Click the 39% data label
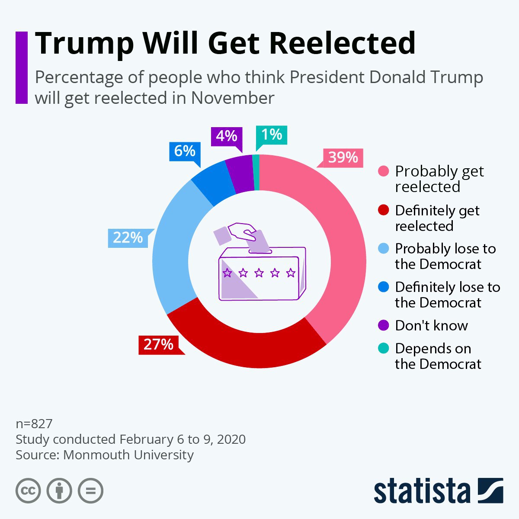(x=343, y=157)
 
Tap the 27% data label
(x=158, y=344)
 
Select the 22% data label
(x=128, y=238)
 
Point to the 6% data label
(x=185, y=151)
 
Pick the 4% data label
(x=227, y=136)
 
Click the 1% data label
(x=272, y=135)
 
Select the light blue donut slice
(x=173, y=242)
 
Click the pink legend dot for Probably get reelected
(x=383, y=172)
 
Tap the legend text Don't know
(x=431, y=326)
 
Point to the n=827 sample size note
(x=34, y=423)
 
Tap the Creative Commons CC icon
(x=28, y=491)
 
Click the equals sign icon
(x=90, y=491)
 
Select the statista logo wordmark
(x=422, y=491)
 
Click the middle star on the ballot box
(x=259, y=273)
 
